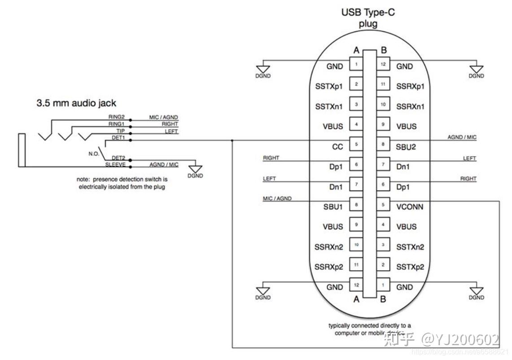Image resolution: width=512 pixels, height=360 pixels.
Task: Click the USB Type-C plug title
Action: pyautogui.click(x=368, y=17)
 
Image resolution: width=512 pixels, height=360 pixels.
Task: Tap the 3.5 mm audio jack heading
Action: pyautogui.click(x=76, y=103)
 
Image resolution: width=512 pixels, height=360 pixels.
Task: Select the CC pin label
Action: pyautogui.click(x=337, y=146)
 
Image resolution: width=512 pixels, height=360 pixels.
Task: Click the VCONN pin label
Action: pyautogui.click(x=410, y=206)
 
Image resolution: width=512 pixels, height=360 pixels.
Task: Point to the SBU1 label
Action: pyautogui.click(x=333, y=206)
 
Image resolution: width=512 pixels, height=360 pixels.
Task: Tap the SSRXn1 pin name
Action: pyautogui.click(x=410, y=106)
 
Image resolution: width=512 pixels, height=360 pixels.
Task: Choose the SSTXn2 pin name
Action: pyautogui.click(x=410, y=247)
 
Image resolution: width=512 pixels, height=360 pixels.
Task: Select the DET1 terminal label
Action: pyautogui.click(x=118, y=137)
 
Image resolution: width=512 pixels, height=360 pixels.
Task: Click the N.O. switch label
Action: pyautogui.click(x=94, y=153)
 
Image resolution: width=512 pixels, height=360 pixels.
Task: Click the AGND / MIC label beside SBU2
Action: pyautogui.click(x=462, y=137)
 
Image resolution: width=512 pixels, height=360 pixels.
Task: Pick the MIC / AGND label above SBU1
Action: pyautogui.click(x=276, y=198)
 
